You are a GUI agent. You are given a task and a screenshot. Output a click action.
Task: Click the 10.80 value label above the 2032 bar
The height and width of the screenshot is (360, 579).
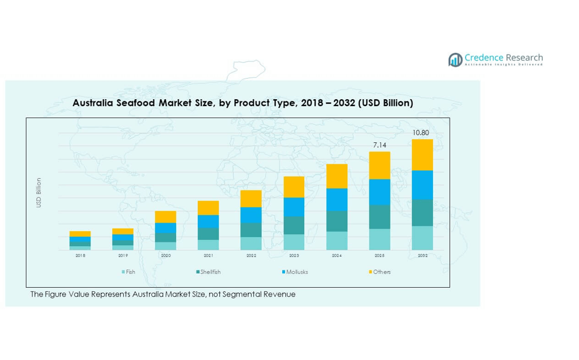click(421, 133)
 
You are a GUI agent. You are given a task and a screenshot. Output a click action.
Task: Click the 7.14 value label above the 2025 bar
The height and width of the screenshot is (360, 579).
click(379, 145)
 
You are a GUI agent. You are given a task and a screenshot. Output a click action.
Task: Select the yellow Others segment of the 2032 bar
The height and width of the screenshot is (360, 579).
click(422, 155)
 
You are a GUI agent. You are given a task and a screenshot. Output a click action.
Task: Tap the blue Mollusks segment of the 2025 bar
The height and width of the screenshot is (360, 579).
click(379, 192)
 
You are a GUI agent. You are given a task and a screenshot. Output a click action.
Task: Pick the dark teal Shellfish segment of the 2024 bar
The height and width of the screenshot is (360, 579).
click(337, 221)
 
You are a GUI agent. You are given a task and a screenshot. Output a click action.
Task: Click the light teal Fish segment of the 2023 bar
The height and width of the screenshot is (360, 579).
click(294, 242)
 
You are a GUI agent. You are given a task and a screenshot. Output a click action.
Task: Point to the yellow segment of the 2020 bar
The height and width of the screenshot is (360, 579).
click(165, 217)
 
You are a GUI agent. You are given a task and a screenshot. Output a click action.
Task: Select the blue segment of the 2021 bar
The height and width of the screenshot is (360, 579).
click(208, 221)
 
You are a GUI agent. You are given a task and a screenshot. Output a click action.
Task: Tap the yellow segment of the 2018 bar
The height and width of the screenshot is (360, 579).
click(80, 234)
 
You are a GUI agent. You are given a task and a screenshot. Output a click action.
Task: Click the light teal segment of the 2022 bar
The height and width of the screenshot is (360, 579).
click(251, 244)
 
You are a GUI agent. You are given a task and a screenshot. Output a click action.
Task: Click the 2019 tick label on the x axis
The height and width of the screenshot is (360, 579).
click(123, 255)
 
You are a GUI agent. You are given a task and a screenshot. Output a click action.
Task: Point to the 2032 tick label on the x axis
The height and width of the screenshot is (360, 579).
click(422, 255)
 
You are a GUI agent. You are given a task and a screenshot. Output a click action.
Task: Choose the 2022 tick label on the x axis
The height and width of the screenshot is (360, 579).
click(251, 255)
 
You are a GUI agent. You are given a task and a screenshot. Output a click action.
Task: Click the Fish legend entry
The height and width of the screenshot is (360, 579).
click(129, 272)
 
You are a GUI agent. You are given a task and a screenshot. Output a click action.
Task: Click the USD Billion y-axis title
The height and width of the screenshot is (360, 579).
click(39, 193)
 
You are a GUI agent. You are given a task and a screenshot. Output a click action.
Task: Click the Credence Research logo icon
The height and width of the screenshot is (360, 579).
click(456, 59)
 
